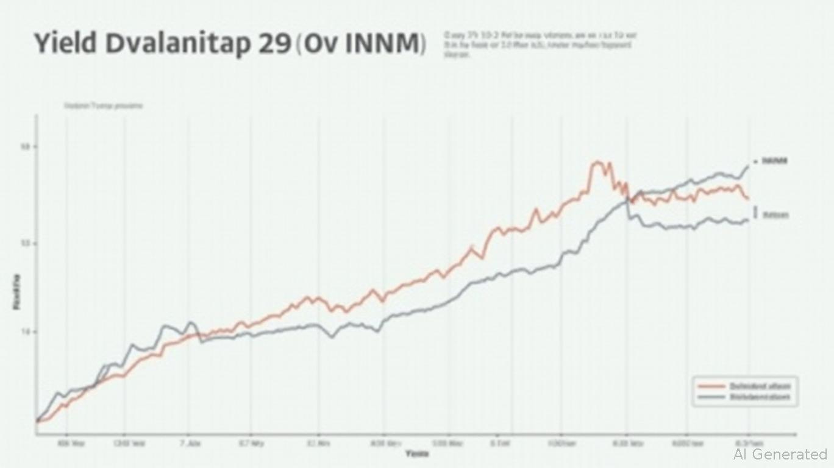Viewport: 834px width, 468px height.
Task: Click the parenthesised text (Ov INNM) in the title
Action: pos(361,44)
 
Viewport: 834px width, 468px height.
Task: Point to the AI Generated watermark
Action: pos(780,454)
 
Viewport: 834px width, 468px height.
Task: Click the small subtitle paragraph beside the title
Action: pos(539,44)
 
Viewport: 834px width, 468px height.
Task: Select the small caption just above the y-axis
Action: pos(104,105)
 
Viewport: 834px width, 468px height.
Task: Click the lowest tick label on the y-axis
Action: pos(26,332)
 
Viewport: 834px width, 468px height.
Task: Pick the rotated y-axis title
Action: pos(16,292)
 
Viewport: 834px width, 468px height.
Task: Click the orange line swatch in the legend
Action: pos(710,386)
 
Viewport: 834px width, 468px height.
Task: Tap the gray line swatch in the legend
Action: pos(710,397)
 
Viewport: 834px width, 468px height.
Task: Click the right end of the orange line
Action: pos(748,199)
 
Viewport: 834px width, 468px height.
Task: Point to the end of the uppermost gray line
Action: pos(749,165)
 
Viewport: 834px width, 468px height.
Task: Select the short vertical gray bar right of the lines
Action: pos(755,212)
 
